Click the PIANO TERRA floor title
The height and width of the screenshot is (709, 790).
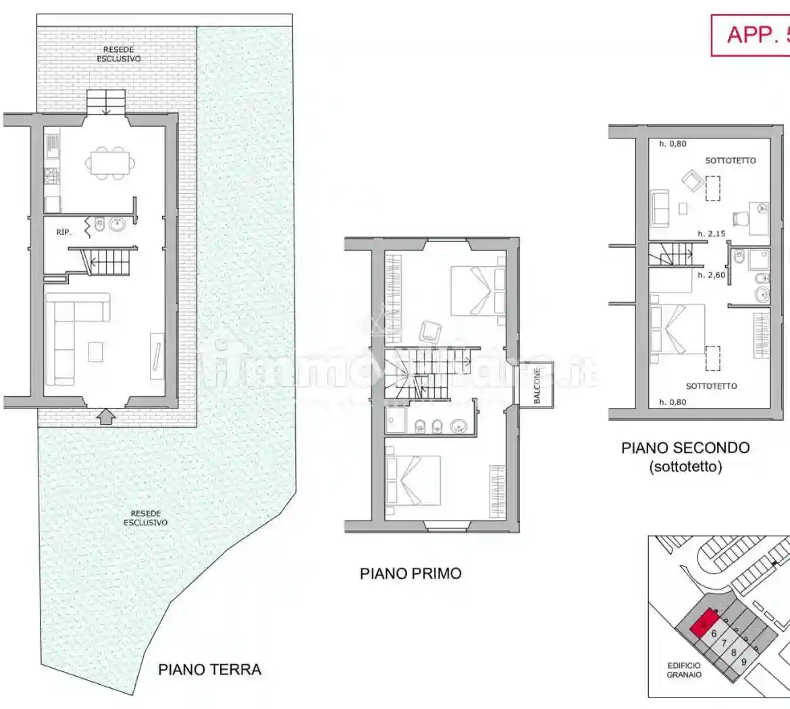click(209, 670)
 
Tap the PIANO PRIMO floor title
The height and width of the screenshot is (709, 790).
click(411, 574)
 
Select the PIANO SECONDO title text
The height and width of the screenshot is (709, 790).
click(685, 448)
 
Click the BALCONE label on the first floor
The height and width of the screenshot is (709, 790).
click(537, 386)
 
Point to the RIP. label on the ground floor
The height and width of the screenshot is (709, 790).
click(63, 232)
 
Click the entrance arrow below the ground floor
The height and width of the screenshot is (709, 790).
click(105, 417)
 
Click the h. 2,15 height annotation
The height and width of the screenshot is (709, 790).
click(711, 234)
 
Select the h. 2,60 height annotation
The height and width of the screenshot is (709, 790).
click(711, 275)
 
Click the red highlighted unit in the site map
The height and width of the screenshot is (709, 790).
click(703, 623)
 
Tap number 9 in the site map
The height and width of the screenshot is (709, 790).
click(743, 662)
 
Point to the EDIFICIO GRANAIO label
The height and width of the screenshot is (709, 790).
click(684, 670)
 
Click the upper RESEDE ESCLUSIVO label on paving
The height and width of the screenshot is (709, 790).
click(118, 54)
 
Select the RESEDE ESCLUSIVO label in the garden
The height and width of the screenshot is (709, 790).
click(146, 518)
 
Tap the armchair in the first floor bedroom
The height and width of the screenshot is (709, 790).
click(429, 332)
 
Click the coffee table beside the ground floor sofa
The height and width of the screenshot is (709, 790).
click(96, 351)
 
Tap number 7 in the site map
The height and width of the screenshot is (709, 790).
click(724, 644)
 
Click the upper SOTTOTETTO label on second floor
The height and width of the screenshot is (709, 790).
click(730, 161)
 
